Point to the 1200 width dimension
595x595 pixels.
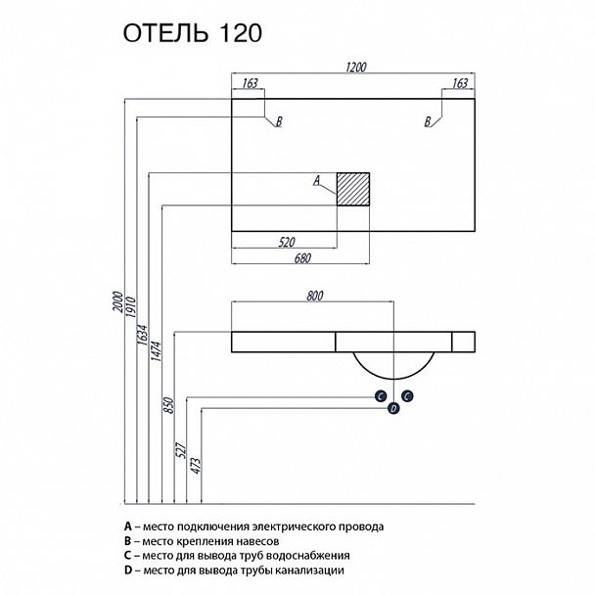[353, 68]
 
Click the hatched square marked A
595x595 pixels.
[352, 188]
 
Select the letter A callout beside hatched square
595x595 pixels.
[316, 180]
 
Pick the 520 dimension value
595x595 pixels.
[288, 240]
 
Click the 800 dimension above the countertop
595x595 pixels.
[314, 295]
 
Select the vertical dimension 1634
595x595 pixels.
[143, 340]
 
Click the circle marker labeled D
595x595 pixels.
[393, 408]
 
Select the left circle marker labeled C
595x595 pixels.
[379, 395]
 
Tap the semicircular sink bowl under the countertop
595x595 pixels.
[392, 365]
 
